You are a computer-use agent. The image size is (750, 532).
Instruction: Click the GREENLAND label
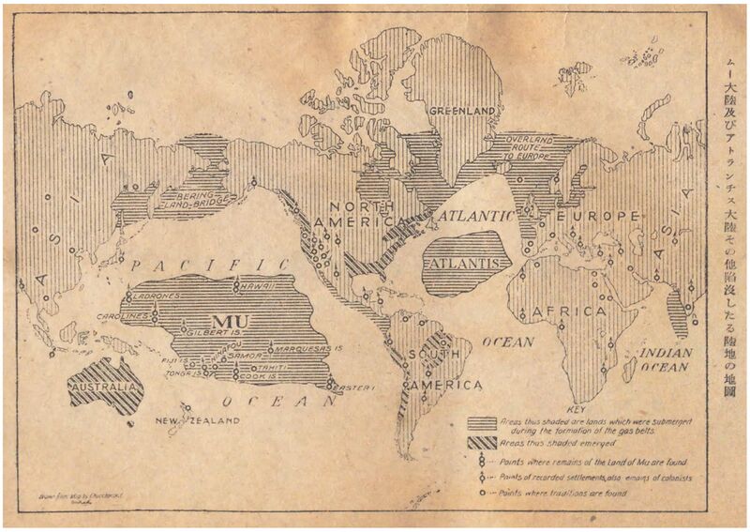coord(462,111)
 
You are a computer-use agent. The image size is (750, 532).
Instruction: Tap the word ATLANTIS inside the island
coord(466,264)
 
